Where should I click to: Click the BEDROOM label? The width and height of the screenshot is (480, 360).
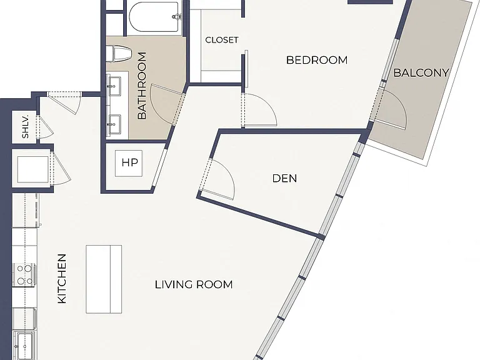click(x=317, y=60)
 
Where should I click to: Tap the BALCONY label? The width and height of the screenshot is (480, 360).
click(x=421, y=72)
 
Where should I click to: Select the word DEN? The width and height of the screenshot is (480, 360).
click(x=284, y=178)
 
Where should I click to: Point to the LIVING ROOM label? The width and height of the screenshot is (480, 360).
click(x=194, y=284)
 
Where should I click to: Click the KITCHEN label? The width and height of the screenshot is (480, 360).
click(x=62, y=279)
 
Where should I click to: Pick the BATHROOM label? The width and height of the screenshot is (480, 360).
click(x=142, y=86)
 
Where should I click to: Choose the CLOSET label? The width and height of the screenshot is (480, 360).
click(x=222, y=40)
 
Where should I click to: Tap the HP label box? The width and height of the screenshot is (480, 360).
click(x=129, y=163)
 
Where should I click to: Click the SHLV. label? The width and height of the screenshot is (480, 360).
click(x=26, y=126)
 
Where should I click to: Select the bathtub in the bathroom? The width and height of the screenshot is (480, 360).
click(x=154, y=17)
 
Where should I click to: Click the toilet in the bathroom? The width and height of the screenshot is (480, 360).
click(x=119, y=54)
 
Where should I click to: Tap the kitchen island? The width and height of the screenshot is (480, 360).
click(x=104, y=279)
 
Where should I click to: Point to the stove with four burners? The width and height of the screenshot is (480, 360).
click(x=24, y=275)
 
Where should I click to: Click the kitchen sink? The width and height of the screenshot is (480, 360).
click(x=24, y=345)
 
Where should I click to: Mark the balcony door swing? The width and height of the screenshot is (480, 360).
click(x=392, y=109)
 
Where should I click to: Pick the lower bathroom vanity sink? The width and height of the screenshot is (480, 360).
click(x=114, y=124)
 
